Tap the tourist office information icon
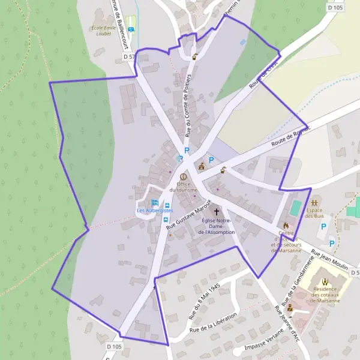[x=183, y=177]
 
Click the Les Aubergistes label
[x=155, y=211]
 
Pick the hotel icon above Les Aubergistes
[x=155, y=203]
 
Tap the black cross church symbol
[x=217, y=212]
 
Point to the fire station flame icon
[x=286, y=225]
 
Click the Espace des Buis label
[x=314, y=213]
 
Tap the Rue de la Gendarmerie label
[x=304, y=269]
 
